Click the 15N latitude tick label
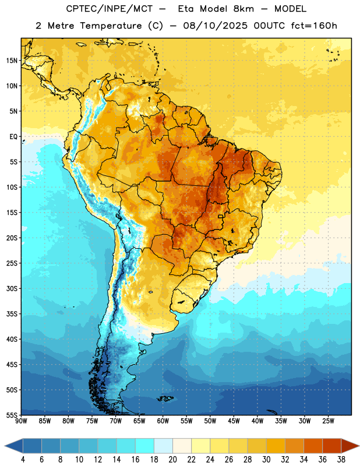pos(12,61)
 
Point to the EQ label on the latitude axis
pos(13,137)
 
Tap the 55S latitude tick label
pos(12,415)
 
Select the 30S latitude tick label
pos(12,288)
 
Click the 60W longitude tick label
pos(163,421)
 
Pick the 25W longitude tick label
pos(328,421)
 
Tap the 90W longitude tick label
pos(21,421)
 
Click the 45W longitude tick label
pos(234,421)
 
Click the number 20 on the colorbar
pos(172,460)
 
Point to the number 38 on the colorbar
pos(341,460)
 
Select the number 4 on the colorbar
pos(23,460)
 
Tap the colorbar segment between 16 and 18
pos(145,446)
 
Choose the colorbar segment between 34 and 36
pos(313,446)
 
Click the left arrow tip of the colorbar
pos(5,446)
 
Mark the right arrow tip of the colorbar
pos(359,446)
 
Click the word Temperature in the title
pos(111,26)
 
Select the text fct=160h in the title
pos(314,26)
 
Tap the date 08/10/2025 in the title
pos(215,26)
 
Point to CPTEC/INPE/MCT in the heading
pos(110,9)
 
